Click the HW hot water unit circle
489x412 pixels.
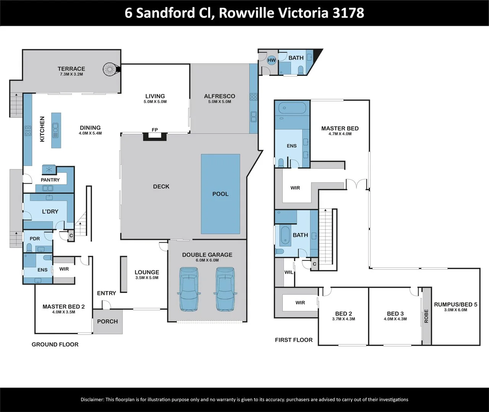tap(272, 60)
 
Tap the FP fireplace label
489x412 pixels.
tap(155, 130)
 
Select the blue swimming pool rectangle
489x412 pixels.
tap(220, 194)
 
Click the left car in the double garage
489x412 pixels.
tap(189, 289)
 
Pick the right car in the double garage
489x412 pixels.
tap(225, 289)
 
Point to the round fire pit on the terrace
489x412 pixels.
tap(110, 69)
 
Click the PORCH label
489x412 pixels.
tap(107, 321)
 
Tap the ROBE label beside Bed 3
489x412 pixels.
tap(426, 316)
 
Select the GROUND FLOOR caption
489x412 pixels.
tap(55, 344)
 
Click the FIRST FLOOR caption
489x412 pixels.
tap(294, 340)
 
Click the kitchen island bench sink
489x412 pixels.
tap(56, 129)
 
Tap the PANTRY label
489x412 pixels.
tap(50, 180)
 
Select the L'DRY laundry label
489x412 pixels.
tap(50, 211)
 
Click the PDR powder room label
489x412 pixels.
tap(35, 239)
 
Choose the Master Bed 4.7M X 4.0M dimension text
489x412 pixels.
tap(340, 134)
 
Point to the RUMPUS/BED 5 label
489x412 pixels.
tap(455, 304)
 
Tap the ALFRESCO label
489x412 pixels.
tap(220, 96)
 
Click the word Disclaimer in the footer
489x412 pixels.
tap(92, 399)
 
